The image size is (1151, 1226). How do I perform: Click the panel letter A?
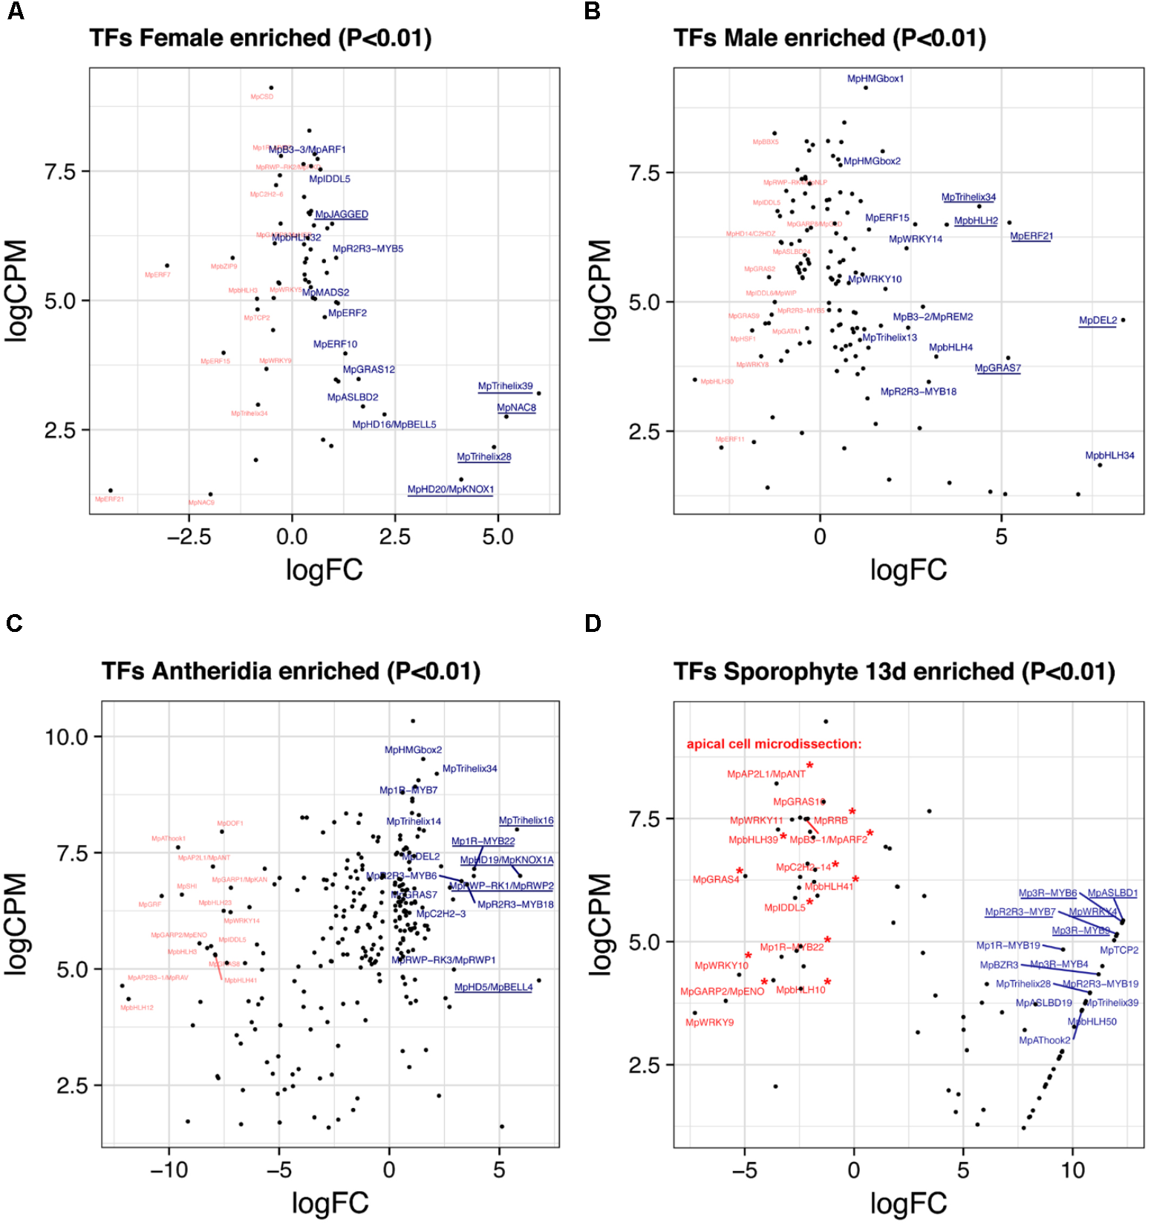click(15, 12)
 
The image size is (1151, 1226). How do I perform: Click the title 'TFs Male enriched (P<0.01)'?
click(829, 38)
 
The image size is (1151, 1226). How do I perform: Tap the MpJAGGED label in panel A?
click(341, 215)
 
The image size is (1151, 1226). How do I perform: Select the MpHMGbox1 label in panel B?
click(875, 79)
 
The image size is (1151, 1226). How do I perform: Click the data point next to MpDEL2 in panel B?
click(1123, 320)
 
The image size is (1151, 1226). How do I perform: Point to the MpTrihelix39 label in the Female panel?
click(505, 386)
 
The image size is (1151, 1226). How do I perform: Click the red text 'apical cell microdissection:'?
click(774, 744)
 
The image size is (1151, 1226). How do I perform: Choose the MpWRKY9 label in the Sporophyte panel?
click(709, 1023)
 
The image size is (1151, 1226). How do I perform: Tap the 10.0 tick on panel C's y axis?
click(66, 737)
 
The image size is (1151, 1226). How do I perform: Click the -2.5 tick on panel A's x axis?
click(189, 537)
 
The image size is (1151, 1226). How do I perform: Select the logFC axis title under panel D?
click(908, 1203)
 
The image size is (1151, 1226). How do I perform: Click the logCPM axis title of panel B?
click(599, 290)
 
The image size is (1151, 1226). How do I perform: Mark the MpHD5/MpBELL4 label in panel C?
click(493, 987)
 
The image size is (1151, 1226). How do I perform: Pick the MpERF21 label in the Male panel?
click(1031, 236)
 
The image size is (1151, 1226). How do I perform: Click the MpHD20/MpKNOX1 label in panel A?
click(450, 489)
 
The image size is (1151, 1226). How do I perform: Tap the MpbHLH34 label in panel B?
click(1109, 455)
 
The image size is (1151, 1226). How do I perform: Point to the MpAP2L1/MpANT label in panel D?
click(766, 774)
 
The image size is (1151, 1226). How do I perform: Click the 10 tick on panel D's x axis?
click(1072, 1170)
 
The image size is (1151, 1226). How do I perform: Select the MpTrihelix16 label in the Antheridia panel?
click(526, 821)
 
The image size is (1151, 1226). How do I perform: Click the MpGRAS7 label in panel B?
click(997, 368)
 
